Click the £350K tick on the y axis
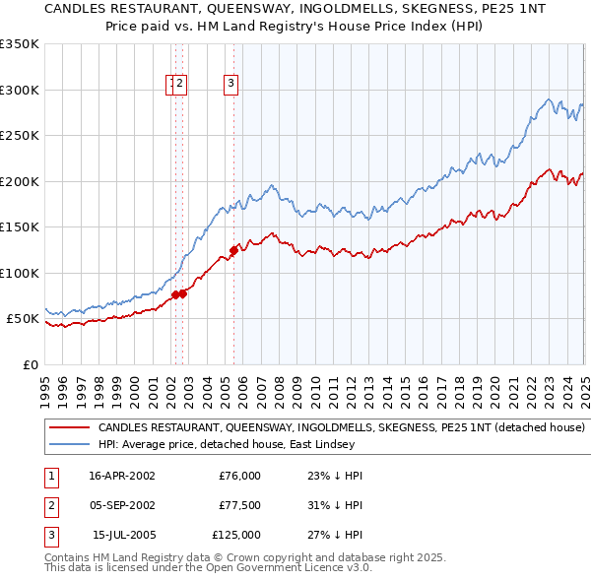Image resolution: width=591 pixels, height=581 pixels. point(20,44)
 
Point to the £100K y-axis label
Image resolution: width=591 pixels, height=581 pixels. point(20,273)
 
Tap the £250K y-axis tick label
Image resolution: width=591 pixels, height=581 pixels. point(20,136)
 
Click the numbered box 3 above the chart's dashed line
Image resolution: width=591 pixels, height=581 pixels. point(230,85)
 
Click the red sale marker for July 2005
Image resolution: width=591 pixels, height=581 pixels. point(233,250)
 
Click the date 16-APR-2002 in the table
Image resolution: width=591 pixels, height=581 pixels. point(122,476)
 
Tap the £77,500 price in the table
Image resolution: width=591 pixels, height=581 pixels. point(239,505)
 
